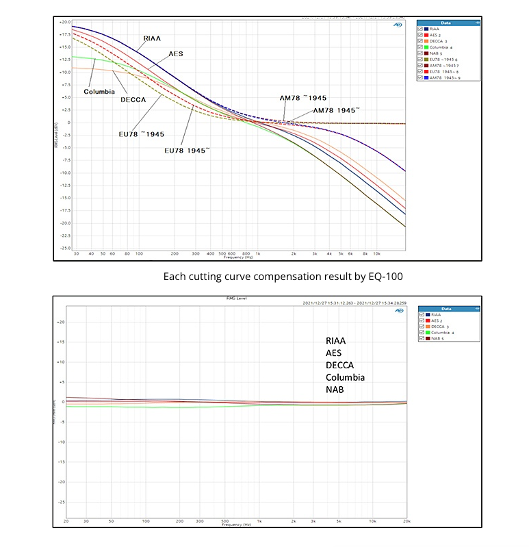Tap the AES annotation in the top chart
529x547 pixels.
176,53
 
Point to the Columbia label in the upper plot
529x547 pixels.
99,92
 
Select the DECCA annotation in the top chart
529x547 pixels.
134,100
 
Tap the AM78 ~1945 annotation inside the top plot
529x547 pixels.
302,98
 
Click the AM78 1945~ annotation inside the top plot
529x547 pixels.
336,110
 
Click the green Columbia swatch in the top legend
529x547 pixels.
426,47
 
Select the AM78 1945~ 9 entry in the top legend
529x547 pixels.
448,77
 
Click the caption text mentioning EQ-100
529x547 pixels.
264,277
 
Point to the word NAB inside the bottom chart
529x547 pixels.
335,390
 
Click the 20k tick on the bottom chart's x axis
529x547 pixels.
407,521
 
